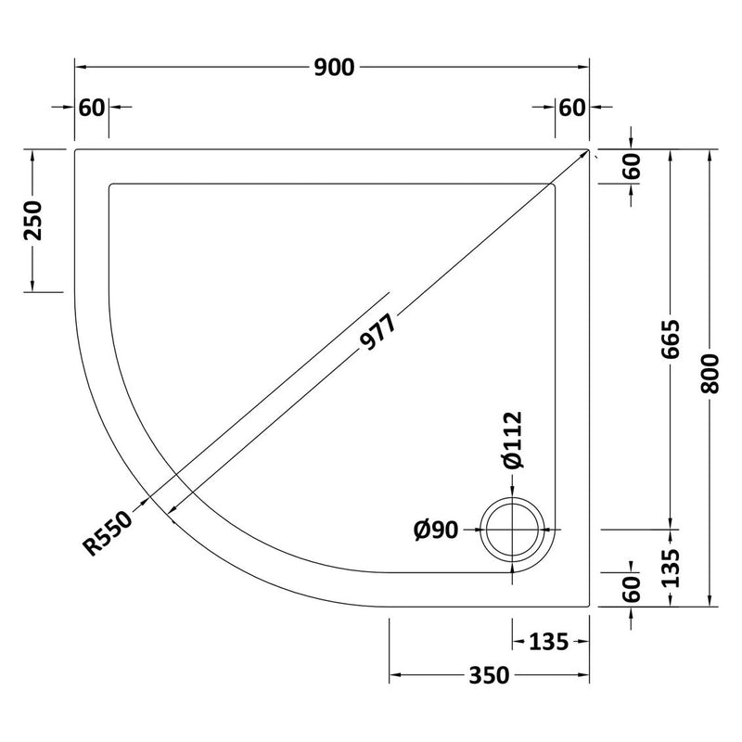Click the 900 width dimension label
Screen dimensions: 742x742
(334, 68)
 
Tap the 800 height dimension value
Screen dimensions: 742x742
(711, 378)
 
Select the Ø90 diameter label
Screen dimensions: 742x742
(436, 531)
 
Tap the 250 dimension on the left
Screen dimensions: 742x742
(32, 220)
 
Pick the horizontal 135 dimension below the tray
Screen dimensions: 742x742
(547, 641)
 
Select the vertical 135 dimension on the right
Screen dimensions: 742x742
(672, 569)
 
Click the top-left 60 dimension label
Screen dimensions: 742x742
(92, 108)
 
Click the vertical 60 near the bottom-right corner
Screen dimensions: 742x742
(631, 589)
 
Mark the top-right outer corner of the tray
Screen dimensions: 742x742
(591, 147)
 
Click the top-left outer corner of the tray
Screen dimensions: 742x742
(73, 147)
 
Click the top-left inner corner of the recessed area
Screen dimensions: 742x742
(110, 184)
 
